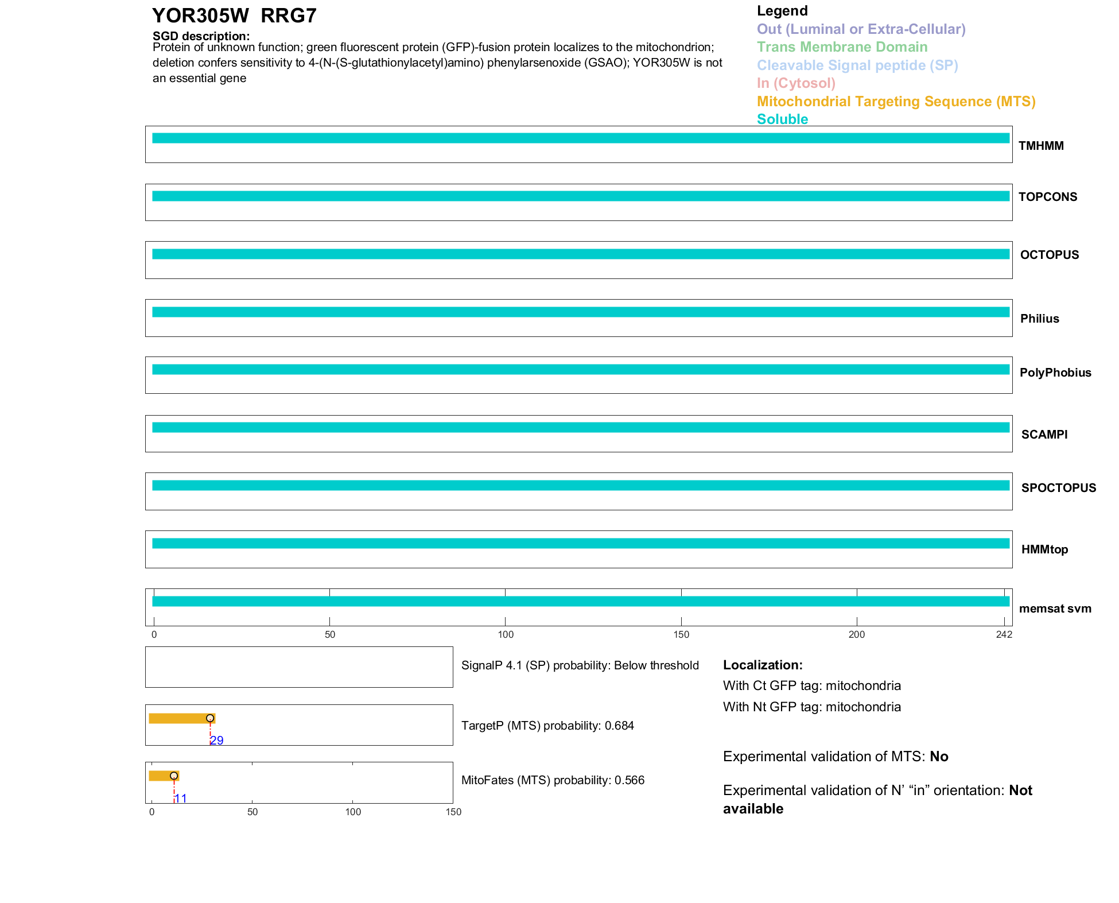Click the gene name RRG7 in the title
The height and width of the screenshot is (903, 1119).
pyautogui.click(x=288, y=16)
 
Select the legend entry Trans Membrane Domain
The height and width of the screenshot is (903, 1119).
pyautogui.click(x=842, y=47)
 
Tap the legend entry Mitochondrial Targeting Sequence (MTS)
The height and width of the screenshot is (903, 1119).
pyautogui.click(x=896, y=102)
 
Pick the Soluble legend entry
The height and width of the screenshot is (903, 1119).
pyautogui.click(x=782, y=119)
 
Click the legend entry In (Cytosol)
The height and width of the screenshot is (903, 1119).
pyautogui.click(x=796, y=83)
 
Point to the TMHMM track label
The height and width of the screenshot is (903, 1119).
pyautogui.click(x=1041, y=146)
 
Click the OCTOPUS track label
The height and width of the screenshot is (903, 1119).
pyautogui.click(x=1049, y=255)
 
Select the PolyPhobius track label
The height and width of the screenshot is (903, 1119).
pyautogui.click(x=1055, y=373)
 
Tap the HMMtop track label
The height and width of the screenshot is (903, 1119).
pyautogui.click(x=1044, y=549)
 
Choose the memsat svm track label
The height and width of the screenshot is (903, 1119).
pyautogui.click(x=1055, y=609)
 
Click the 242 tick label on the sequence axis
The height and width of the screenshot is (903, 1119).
pyautogui.click(x=1004, y=634)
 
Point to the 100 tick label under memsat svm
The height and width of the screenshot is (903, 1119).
pyautogui.click(x=506, y=634)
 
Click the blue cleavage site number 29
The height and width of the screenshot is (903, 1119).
pyautogui.click(x=217, y=741)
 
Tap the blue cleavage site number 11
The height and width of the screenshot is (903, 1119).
pyautogui.click(x=181, y=799)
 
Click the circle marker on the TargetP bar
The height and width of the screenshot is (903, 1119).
pyautogui.click(x=210, y=718)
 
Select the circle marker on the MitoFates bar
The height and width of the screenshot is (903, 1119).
pyautogui.click(x=174, y=776)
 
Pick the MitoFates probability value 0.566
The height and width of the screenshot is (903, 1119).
pyautogui.click(x=630, y=780)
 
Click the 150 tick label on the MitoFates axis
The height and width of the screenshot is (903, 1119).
pyautogui.click(x=453, y=812)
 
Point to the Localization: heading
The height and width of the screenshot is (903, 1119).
pyautogui.click(x=763, y=665)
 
